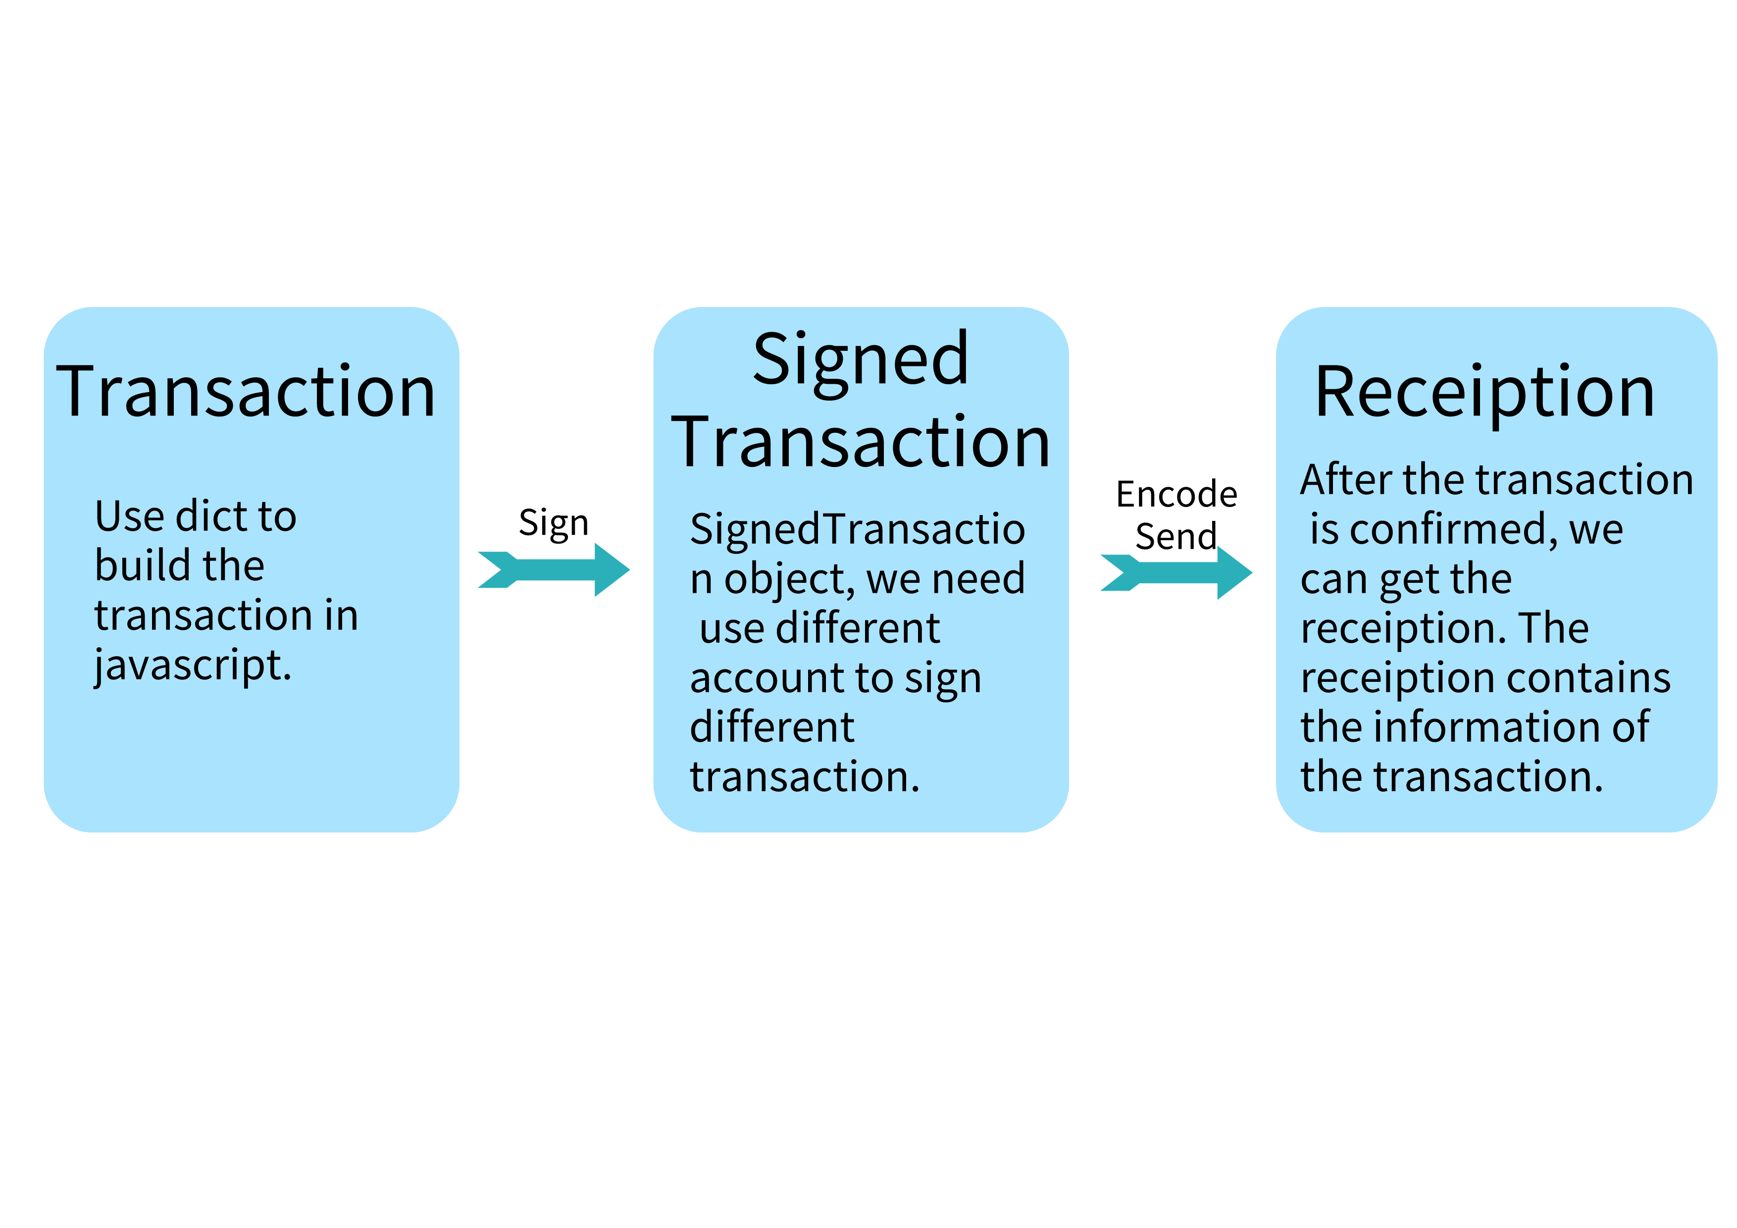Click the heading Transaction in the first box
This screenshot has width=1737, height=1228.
[246, 393]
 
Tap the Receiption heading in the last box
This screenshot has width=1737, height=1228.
[1484, 393]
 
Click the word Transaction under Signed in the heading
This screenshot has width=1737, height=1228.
[861, 443]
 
